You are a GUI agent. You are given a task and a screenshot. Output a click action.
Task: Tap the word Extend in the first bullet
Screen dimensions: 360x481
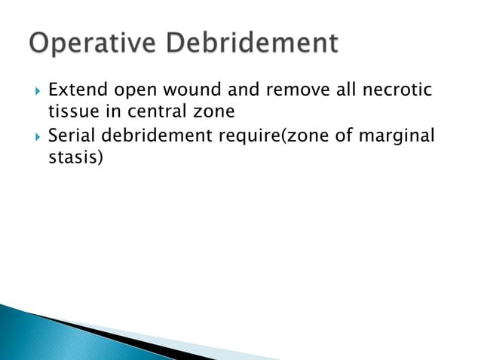[x=75, y=91]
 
